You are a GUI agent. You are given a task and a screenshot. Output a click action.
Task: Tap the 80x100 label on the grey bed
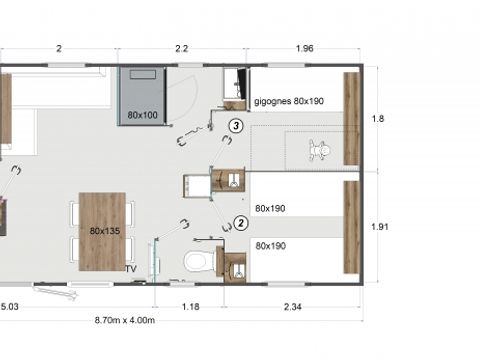tap(143, 116)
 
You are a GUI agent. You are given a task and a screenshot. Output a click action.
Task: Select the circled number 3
tap(235, 126)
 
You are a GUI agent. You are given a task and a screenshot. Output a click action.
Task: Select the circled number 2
tap(241, 223)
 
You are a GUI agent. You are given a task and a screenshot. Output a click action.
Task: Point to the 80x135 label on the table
tap(103, 231)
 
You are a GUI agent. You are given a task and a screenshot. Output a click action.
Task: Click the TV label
tap(130, 269)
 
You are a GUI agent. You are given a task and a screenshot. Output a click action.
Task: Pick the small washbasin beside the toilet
tap(236, 267)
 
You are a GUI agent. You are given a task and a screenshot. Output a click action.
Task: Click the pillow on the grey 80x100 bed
tap(142, 75)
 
